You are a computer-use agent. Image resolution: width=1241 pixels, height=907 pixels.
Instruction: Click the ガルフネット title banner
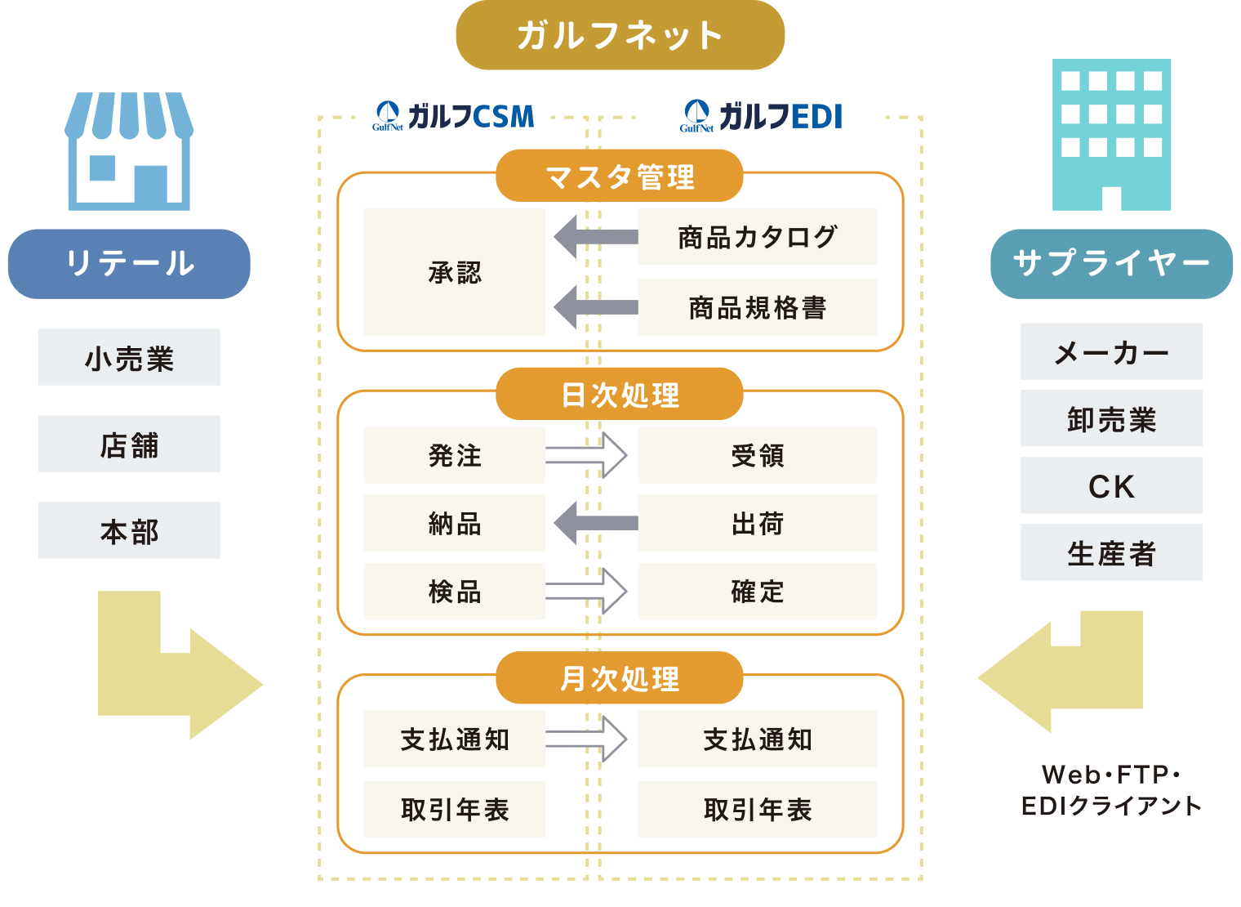[x=620, y=36]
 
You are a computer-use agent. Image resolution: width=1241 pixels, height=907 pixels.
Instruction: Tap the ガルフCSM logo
[x=454, y=117]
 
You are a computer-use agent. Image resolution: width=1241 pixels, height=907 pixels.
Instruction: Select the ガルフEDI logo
[x=761, y=117]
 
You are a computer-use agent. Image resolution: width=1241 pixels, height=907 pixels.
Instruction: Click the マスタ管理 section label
[x=620, y=176]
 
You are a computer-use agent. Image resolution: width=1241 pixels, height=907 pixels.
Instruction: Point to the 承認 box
[x=454, y=272]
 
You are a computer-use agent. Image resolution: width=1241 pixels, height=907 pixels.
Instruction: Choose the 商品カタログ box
[x=757, y=237]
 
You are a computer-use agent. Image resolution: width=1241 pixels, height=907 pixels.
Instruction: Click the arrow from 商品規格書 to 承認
[x=595, y=307]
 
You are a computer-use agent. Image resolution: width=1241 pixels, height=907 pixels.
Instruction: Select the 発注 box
[x=454, y=455]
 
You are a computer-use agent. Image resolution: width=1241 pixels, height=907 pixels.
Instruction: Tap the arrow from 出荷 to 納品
[x=595, y=523]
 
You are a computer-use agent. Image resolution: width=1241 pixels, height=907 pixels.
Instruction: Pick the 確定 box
[x=757, y=591]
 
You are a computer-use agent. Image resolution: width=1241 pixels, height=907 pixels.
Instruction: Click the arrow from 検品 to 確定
[x=586, y=591]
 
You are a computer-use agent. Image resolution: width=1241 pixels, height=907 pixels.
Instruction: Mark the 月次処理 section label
[x=620, y=678]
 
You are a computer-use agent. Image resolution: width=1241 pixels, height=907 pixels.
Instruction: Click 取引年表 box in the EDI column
[x=757, y=809]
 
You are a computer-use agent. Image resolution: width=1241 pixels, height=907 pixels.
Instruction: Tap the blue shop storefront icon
[x=129, y=152]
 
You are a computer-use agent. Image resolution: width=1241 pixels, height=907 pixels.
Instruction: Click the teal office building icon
[x=1111, y=135]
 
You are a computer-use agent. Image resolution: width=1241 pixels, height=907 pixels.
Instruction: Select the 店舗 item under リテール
[x=129, y=444]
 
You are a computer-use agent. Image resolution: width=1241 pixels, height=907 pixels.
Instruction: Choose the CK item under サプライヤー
[x=1111, y=485]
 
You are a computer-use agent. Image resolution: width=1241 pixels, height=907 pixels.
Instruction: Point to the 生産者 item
[x=1111, y=552]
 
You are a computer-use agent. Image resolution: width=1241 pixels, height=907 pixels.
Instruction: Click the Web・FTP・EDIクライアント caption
[x=1111, y=789]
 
